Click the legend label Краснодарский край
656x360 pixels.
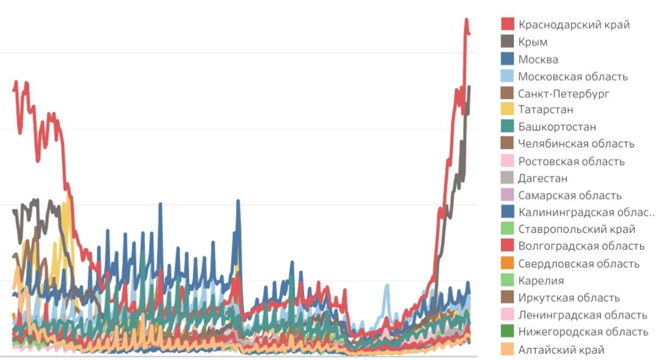[573, 25]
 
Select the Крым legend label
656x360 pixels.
[532, 42]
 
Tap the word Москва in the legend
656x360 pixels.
[538, 59]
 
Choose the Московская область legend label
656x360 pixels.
[573, 76]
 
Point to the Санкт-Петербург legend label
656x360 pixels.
[563, 93]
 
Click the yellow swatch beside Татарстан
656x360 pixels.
[507, 110]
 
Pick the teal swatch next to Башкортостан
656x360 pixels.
[507, 127]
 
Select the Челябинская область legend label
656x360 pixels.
[576, 144]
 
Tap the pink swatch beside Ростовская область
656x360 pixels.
[507, 161]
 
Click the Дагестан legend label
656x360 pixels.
[542, 178]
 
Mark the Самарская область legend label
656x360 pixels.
[570, 196]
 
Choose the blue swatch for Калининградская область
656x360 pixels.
[507, 212]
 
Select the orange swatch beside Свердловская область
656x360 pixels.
[507, 264]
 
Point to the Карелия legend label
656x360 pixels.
[541, 281]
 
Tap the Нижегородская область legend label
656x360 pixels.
[583, 332]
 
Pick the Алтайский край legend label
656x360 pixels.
[561, 350]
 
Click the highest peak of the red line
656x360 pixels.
[466, 20]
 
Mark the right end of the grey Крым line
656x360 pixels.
[469, 87]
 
